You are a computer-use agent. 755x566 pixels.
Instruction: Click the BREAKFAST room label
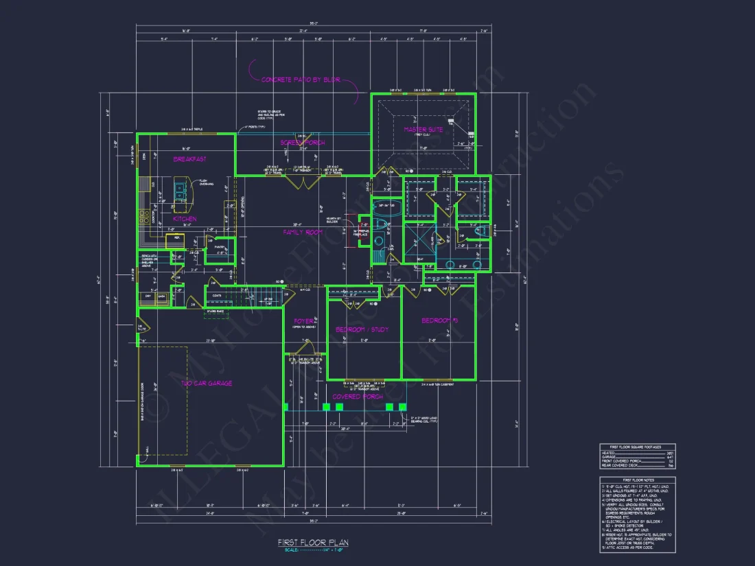coord(190,159)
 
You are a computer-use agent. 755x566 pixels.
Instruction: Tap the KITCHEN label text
coord(185,219)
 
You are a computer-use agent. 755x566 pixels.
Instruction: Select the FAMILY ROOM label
coord(303,233)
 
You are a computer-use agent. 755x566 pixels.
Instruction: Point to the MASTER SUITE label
coord(423,129)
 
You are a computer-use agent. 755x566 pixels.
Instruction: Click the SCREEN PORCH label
coord(303,143)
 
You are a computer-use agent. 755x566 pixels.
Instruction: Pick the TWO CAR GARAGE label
coord(206,384)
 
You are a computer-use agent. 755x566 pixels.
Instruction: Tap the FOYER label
coord(304,321)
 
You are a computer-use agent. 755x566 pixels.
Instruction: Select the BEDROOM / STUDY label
coord(362,330)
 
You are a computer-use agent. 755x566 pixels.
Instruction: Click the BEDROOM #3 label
coord(439,321)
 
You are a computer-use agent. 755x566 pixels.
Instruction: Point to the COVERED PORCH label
coord(358,397)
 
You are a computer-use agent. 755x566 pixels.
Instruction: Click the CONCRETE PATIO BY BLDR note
coord(301,80)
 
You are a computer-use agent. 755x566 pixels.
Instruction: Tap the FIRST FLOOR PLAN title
coord(313,543)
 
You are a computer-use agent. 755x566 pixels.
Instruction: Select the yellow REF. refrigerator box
coord(176,238)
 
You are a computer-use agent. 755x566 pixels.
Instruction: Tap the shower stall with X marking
coord(417,242)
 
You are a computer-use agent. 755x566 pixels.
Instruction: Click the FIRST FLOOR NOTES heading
coord(637,480)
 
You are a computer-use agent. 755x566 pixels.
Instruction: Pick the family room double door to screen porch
coord(303,181)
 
